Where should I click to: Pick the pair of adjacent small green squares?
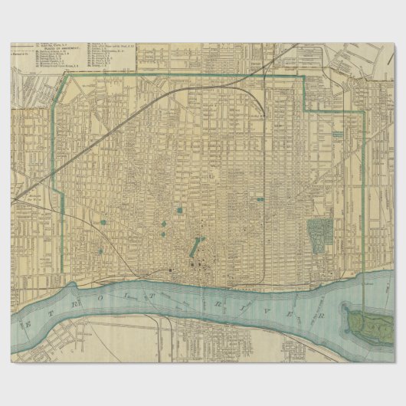[163, 228]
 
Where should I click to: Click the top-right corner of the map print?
[395, 43]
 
